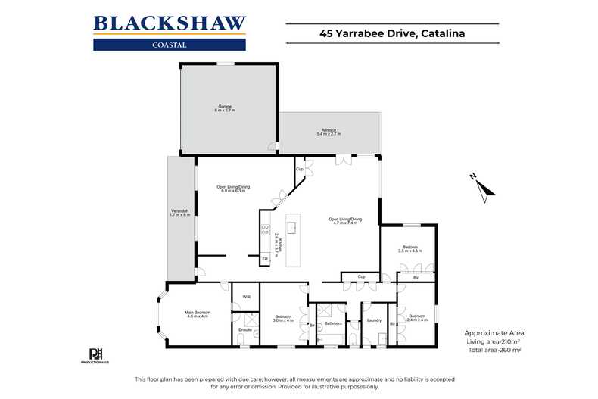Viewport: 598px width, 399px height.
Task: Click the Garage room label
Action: pyautogui.click(x=225, y=106)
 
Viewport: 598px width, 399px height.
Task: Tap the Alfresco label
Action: pyautogui.click(x=329, y=129)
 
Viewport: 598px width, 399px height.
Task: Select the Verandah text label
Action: pyautogui.click(x=173, y=212)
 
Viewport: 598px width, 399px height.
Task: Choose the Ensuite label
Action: pyautogui.click(x=244, y=329)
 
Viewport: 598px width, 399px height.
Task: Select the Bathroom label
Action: pyautogui.click(x=334, y=323)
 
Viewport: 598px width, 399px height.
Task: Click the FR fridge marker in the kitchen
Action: pyautogui.click(x=265, y=260)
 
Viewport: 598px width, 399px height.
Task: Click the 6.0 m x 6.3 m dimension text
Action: pyautogui.click(x=232, y=191)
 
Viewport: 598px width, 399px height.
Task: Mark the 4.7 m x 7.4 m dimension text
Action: pyautogui.click(x=345, y=223)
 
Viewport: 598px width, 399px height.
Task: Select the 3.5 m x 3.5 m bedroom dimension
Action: pyautogui.click(x=410, y=251)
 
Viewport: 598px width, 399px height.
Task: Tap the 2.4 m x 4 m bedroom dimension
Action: pyautogui.click(x=417, y=320)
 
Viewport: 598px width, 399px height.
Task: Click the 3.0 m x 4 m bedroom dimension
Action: pyautogui.click(x=283, y=320)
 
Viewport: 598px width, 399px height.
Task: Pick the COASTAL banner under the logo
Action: pyautogui.click(x=170, y=44)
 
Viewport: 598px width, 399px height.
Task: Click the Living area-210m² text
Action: pyautogui.click(x=497, y=342)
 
